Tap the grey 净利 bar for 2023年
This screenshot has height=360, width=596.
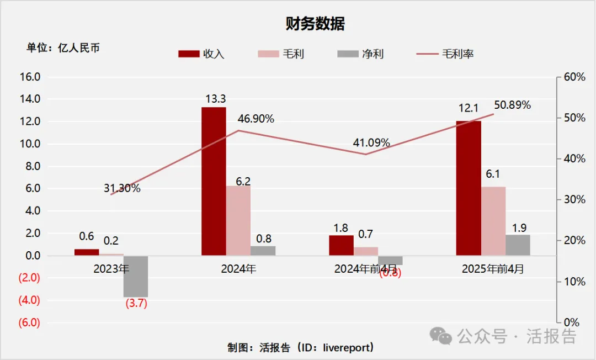coord(135,276)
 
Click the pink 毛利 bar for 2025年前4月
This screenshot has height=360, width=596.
coord(493,221)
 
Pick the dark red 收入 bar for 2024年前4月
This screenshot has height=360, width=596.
coord(341,245)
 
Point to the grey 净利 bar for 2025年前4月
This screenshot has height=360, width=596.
coord(518,245)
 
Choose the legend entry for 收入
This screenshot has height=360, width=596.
coord(201,54)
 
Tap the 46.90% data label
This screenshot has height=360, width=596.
coord(256,119)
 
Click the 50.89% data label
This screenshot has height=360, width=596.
coord(512,105)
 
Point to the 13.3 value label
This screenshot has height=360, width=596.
coord(214,99)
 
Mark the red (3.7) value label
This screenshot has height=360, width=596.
coord(136,304)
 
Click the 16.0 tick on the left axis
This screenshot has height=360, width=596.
coord(30,77)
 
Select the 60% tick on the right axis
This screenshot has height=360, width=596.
coord(574,77)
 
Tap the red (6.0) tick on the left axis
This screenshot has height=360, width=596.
coord(29,323)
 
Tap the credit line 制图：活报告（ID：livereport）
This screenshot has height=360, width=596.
coord(301,347)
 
